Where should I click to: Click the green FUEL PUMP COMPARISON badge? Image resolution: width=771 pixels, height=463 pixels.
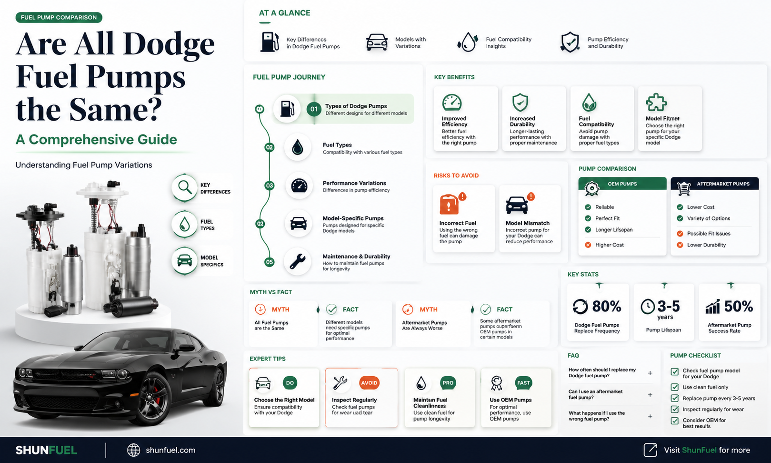click(59, 17)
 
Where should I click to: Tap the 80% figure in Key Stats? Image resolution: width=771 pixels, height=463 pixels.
click(607, 306)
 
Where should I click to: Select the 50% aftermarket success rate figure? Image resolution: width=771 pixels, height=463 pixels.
click(738, 306)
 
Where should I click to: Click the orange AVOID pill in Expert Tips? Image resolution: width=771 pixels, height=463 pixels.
click(369, 383)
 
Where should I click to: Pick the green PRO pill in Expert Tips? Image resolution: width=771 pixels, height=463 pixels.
click(448, 383)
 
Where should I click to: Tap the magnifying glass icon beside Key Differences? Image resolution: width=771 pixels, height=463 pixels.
click(185, 187)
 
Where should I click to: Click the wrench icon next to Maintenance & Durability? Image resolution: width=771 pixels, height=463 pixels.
click(297, 261)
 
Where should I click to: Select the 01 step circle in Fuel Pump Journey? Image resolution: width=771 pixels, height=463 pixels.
click(314, 109)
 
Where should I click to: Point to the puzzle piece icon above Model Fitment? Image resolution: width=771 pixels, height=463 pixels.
click(656, 103)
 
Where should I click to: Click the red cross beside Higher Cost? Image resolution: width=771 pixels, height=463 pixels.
click(588, 245)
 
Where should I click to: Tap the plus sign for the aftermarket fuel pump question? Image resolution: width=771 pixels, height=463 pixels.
click(650, 395)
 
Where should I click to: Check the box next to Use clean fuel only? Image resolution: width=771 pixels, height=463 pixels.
click(675, 387)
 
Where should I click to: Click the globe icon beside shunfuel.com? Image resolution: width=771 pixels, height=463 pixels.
click(133, 450)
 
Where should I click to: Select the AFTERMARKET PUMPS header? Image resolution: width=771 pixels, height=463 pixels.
click(714, 184)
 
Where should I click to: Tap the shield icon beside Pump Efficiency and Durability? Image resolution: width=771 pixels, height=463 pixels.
click(570, 42)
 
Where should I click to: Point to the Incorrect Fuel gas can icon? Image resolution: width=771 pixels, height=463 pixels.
click(449, 205)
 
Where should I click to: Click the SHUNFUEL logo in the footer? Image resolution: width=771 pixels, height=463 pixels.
click(46, 450)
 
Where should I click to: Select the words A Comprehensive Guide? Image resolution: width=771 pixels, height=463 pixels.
click(96, 139)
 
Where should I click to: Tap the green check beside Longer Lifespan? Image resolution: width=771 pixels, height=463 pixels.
click(588, 230)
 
